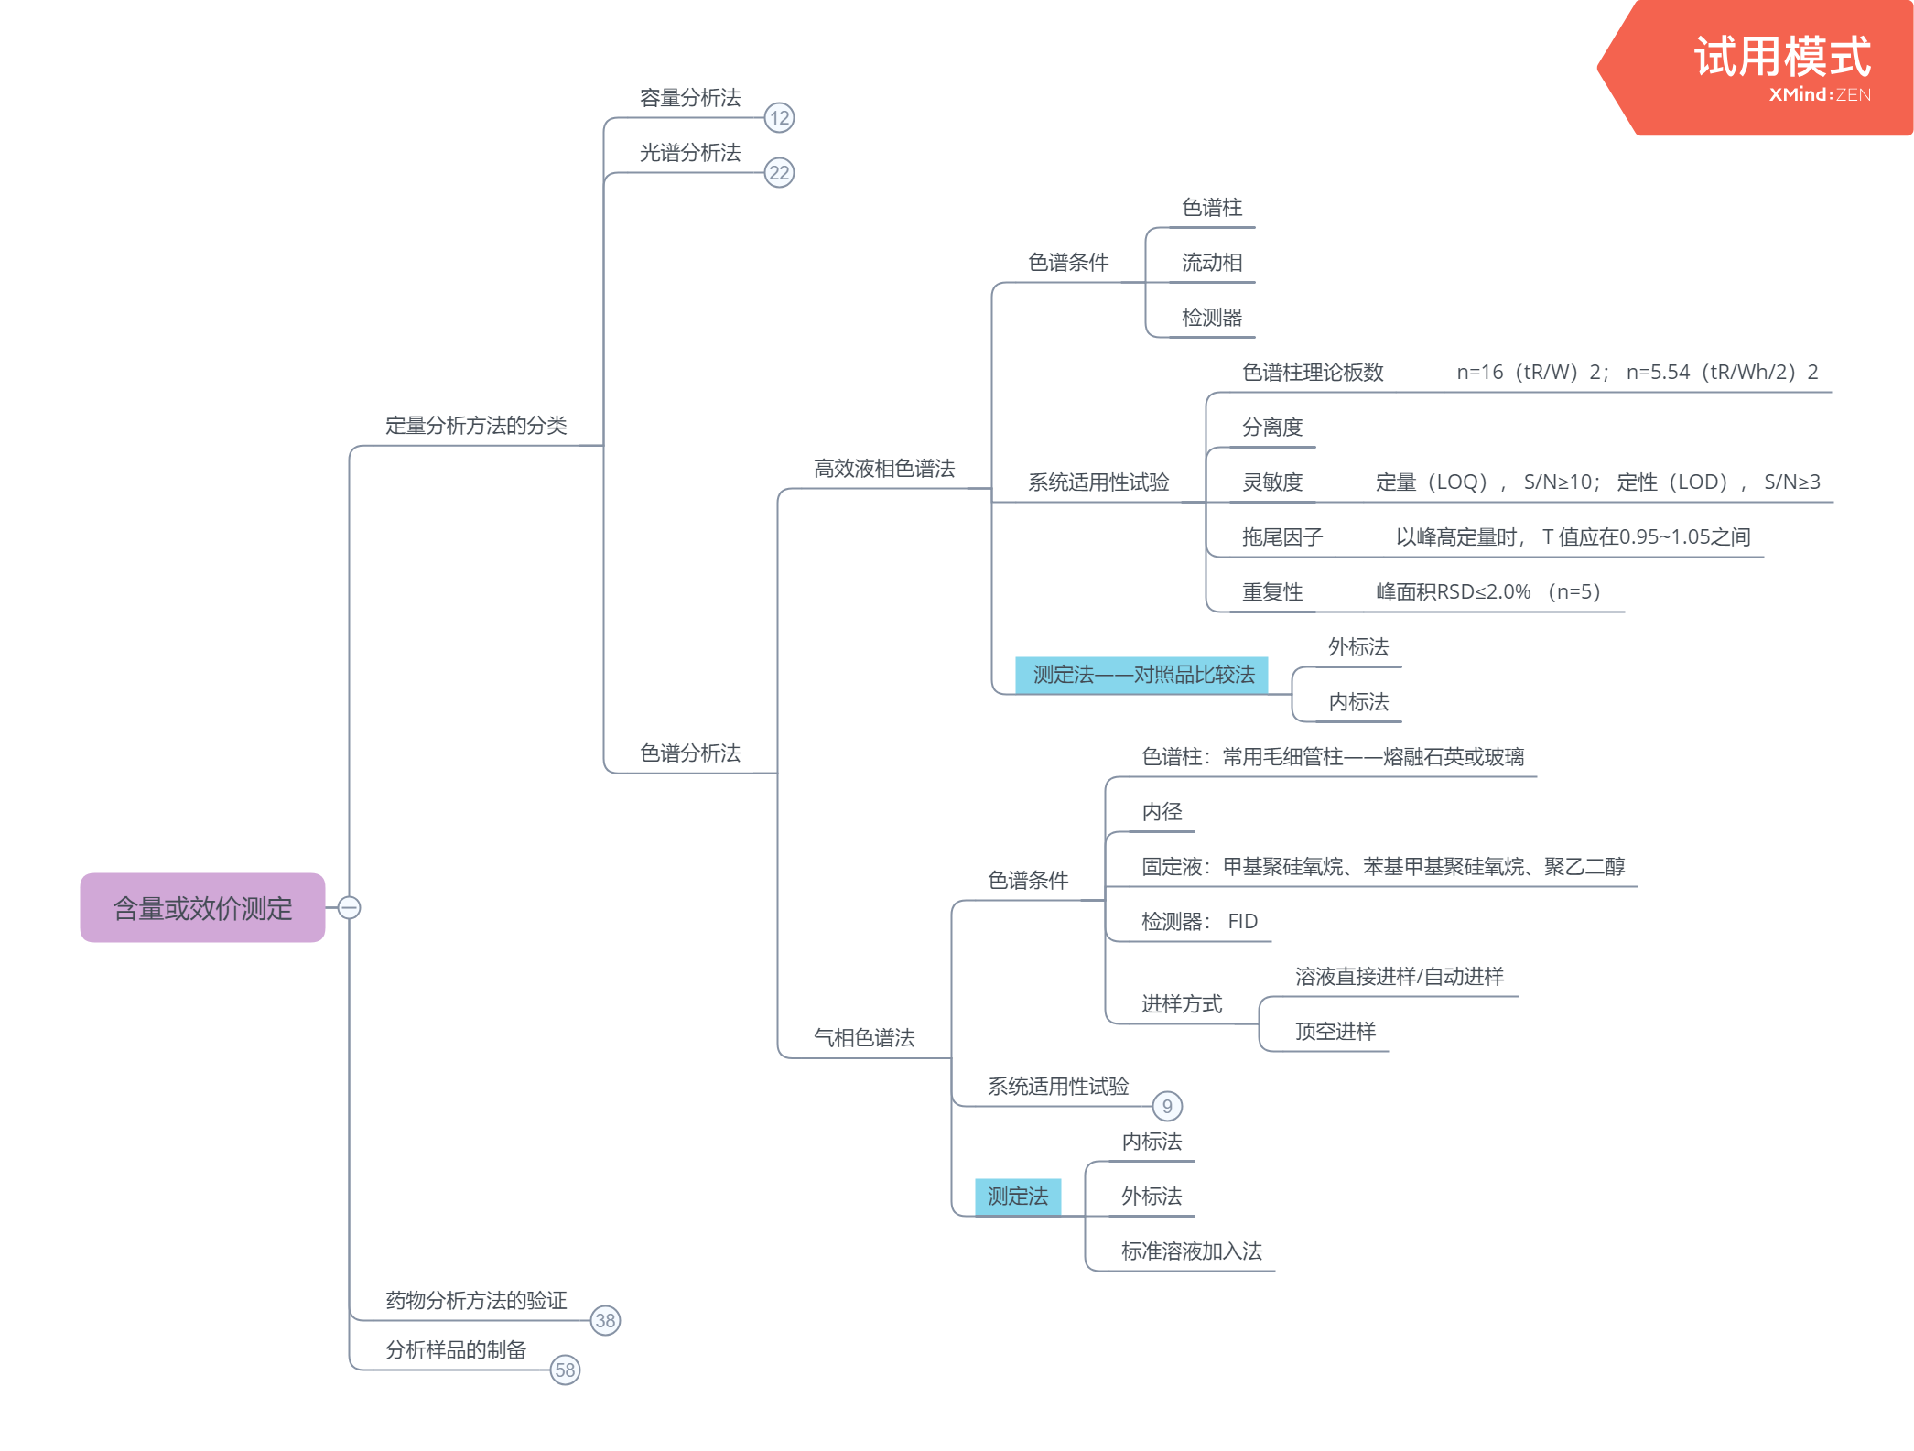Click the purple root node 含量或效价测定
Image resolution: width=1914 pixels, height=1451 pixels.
coord(202,907)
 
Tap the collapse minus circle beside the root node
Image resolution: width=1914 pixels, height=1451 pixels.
coord(349,907)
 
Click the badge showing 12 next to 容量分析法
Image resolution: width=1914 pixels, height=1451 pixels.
coord(779,117)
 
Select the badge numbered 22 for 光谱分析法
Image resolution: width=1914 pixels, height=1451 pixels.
coord(779,172)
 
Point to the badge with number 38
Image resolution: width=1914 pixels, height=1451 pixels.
coord(605,1320)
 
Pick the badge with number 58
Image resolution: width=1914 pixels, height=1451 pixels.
coord(565,1370)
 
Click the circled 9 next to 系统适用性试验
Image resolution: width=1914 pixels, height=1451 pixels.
coord(1167,1106)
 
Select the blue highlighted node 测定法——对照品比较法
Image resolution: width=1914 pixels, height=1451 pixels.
coord(1142,675)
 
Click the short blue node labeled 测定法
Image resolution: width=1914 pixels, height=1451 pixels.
coord(1018,1196)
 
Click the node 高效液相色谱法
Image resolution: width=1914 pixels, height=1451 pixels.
coord(883,469)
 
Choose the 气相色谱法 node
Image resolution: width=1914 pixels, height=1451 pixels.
coord(863,1037)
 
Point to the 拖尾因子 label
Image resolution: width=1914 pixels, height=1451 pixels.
coord(1281,537)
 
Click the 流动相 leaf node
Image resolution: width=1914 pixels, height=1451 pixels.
coord(1211,263)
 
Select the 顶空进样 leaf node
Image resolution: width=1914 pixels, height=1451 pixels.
coord(1335,1032)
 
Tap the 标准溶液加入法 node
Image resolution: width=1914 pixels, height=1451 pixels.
coord(1191,1251)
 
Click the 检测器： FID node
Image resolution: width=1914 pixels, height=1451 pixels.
coord(1199,922)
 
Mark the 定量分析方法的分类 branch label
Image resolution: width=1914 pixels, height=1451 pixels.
coord(476,426)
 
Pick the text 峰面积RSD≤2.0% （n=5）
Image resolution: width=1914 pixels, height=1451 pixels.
coord(1487,592)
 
